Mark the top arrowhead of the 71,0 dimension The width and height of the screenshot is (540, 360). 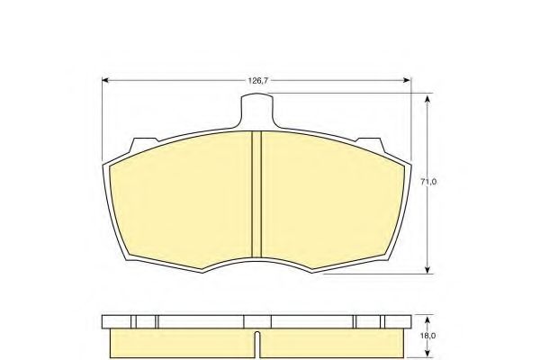(427, 96)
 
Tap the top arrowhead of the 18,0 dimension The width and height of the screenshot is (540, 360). (426, 316)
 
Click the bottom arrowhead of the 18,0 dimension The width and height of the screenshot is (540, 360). (426, 352)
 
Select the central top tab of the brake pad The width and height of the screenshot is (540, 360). (257, 110)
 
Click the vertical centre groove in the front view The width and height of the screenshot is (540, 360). (257, 193)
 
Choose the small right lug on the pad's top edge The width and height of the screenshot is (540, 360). (370, 141)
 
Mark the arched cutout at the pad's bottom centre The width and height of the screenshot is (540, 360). (257, 259)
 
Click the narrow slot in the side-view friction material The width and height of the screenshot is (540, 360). (257, 343)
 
